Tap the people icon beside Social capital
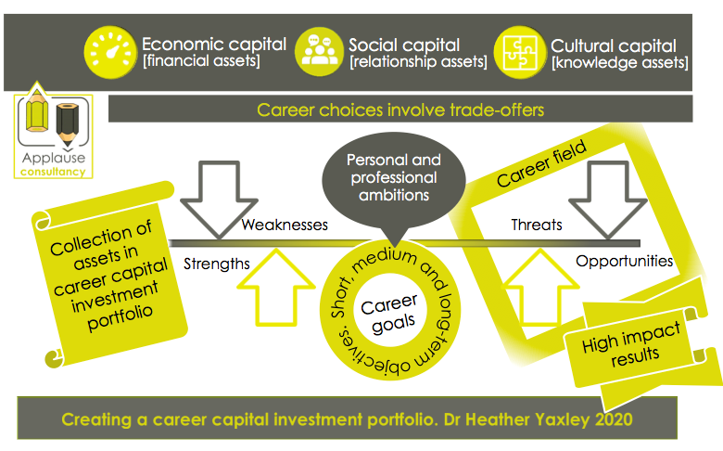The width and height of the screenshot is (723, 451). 317,50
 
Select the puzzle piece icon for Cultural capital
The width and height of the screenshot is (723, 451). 519,52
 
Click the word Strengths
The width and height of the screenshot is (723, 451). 217,264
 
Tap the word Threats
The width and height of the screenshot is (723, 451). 537,225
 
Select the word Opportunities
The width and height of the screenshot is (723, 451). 624,261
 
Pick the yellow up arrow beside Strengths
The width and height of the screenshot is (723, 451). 283,289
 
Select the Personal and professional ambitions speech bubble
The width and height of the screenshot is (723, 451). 393,177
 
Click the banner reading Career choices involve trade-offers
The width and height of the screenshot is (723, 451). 400,110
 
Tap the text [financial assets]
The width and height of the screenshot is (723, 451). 200,62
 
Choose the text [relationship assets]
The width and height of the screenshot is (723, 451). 417,62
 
